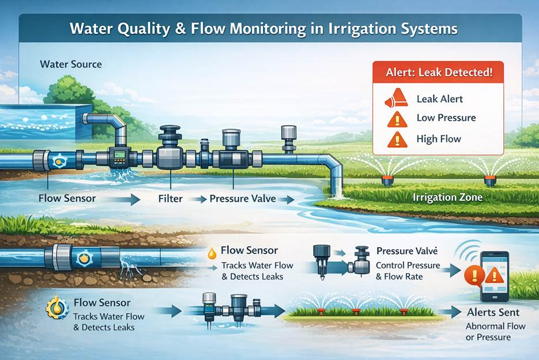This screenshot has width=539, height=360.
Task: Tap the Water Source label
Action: click(71, 63)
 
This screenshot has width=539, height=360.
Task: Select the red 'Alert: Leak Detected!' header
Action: click(438, 73)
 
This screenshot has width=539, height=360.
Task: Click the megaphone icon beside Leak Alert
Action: click(396, 100)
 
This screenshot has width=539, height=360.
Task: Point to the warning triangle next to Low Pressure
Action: click(396, 119)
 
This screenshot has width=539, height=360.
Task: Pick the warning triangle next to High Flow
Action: click(396, 139)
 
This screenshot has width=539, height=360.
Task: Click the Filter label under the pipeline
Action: click(171, 198)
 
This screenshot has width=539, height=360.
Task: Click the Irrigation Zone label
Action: click(447, 197)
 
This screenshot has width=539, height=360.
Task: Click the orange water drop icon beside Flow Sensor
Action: click(213, 253)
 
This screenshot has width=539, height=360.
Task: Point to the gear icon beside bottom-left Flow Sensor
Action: click(57, 308)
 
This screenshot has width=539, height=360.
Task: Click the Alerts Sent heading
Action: click(493, 312)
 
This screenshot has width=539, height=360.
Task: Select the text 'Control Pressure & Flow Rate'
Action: click(407, 271)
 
